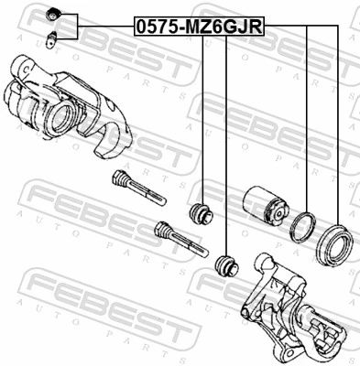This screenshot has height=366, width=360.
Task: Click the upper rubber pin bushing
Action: click(x=200, y=216)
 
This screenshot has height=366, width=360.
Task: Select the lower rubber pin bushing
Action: click(x=224, y=266)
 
